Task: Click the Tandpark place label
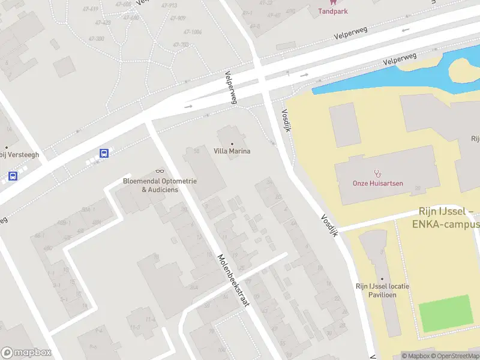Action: pos(332,11)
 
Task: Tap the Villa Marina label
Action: pos(232,151)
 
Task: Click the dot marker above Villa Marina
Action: pos(232,143)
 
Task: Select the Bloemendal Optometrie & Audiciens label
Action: pos(160,185)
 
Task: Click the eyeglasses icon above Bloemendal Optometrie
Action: pos(160,171)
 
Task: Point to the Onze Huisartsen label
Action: pos(378,183)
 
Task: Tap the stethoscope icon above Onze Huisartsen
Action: pos(378,173)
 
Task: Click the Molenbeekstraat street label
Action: pos(233,281)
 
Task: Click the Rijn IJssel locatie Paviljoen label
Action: pos(382,290)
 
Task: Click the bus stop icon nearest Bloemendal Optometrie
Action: pos(104,153)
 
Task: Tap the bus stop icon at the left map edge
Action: pos(13,176)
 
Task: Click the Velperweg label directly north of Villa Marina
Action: pos(231,88)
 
